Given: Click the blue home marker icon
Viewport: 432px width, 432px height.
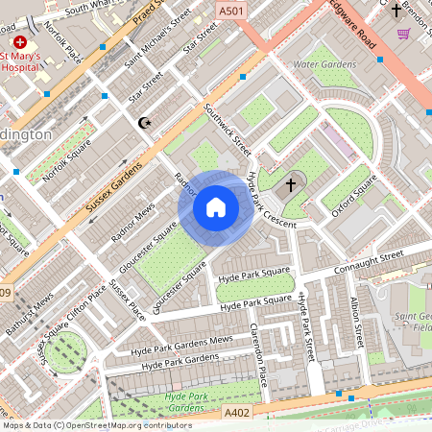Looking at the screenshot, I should click(x=216, y=206).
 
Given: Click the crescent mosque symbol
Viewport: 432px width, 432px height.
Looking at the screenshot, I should click(x=145, y=123).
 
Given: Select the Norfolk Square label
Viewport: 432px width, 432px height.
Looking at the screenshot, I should click(x=68, y=161).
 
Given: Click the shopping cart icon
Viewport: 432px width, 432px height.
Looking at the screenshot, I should click(x=403, y=33).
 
